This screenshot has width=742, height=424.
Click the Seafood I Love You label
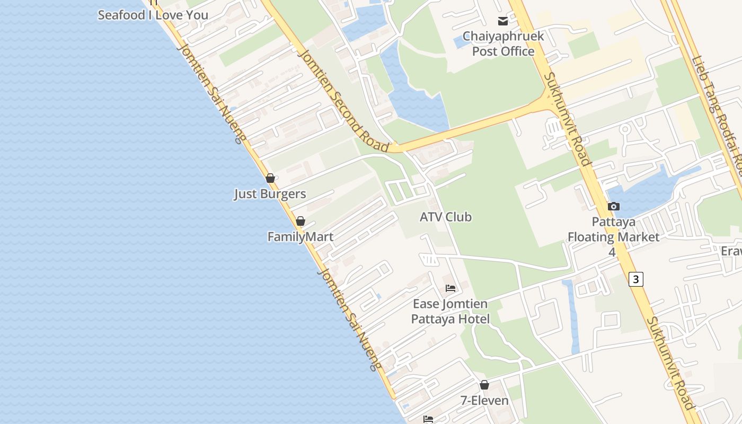[153, 15]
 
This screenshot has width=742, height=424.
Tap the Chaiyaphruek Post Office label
[503, 43]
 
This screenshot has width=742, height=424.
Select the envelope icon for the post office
[502, 21]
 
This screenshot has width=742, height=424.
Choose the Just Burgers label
[270, 194]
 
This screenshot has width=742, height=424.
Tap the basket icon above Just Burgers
[270, 179]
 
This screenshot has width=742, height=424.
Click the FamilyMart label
[301, 236]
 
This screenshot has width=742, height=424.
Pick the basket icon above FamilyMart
[301, 221]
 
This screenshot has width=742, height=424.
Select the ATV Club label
[446, 217]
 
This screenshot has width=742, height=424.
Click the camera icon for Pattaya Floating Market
[613, 206]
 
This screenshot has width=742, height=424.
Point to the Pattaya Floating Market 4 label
[613, 236]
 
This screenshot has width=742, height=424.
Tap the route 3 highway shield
[636, 279]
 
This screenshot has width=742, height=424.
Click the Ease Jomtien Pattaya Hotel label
[450, 312]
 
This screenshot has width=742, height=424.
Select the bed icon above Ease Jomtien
[450, 288]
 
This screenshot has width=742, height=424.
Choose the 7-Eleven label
[484, 401]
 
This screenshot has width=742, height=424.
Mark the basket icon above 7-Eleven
[484, 385]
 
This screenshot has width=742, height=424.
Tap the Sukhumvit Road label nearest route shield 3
[671, 363]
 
